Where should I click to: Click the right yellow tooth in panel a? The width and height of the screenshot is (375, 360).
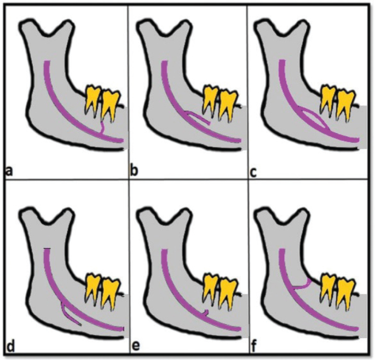[111, 101]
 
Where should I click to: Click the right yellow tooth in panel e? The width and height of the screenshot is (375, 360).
[227, 288]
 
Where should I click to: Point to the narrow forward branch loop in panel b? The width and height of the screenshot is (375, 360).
[197, 118]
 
